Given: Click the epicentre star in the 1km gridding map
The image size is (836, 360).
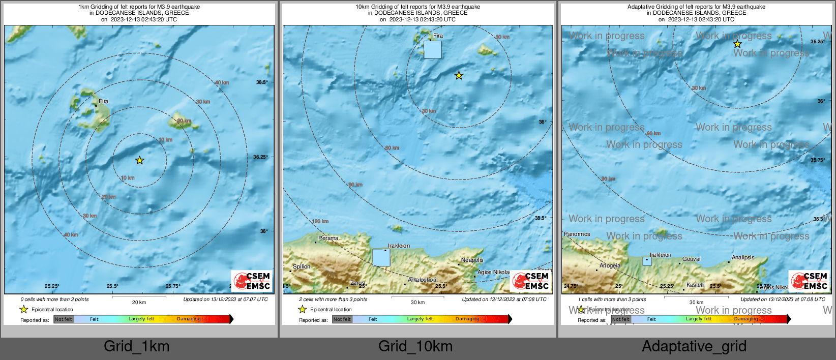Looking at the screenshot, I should tap(140, 160).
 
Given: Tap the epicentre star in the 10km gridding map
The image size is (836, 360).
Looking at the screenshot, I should tap(459, 76).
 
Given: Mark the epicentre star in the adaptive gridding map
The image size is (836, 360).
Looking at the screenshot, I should tap(737, 44).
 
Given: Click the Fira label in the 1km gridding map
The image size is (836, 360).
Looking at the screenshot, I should tap(103, 101).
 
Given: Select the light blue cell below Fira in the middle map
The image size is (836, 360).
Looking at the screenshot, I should tap(433, 50).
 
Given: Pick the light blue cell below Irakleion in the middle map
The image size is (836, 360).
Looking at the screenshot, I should tap(381, 257).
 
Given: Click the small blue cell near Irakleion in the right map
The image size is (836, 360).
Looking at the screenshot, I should tap(647, 261).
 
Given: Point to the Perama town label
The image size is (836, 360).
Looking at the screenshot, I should tap(328, 238).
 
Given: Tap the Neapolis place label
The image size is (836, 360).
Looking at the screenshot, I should tap(472, 260).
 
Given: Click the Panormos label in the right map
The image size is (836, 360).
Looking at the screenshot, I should tap(577, 234).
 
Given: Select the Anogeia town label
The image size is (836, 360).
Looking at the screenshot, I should tap(610, 265).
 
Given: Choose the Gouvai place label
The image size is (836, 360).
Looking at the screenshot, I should tap(691, 259).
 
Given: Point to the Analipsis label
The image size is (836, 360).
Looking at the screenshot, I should tap(743, 257).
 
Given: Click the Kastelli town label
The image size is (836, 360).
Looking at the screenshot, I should tap(695, 285).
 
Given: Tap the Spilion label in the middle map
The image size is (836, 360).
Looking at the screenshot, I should tap(302, 266).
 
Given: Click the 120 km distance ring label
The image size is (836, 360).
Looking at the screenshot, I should tap(320, 221).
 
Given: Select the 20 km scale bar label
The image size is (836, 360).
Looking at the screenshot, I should tap(139, 302).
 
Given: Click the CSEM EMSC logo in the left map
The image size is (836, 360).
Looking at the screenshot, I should tap(252, 281).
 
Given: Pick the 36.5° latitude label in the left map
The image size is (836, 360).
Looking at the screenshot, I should tap(261, 82).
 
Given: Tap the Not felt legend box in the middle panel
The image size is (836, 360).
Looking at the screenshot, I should tap(342, 319).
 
